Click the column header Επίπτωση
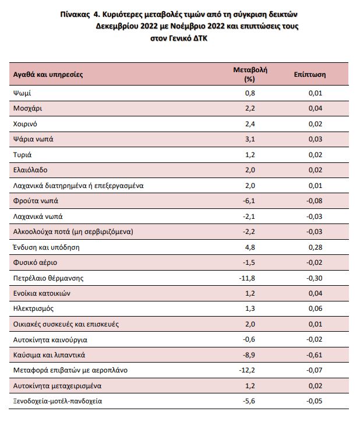[x=310, y=74]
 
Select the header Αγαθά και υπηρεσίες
[x=48, y=74]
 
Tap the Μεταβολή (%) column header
[x=250, y=74]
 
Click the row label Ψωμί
[x=22, y=93]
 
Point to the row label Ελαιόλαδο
[x=30, y=170]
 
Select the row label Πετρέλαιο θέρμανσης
[x=48, y=278]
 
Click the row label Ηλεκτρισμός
[x=33, y=308]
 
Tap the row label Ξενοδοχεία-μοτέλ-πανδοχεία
[x=58, y=401]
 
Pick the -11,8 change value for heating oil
[x=247, y=278]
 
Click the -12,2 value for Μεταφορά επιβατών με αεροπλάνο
[x=247, y=370]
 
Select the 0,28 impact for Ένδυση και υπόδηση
[x=316, y=247]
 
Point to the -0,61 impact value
[x=315, y=355]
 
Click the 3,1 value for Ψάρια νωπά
[x=250, y=139]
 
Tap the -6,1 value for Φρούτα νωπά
[x=249, y=201]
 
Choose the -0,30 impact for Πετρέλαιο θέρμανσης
[x=315, y=278]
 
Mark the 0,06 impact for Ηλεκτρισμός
[x=316, y=308]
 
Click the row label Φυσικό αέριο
[x=35, y=262]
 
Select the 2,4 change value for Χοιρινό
[x=250, y=124]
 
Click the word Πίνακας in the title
[x=75, y=14]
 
